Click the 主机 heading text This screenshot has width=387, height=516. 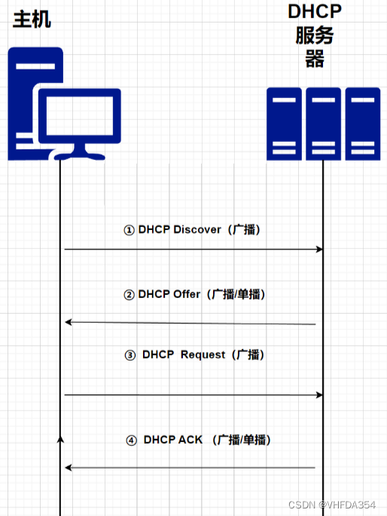coord(32,19)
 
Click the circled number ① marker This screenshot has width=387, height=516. coord(129,230)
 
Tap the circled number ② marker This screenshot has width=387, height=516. coord(129,295)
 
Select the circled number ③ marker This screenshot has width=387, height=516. coord(130,355)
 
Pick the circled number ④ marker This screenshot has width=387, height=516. coord(131,440)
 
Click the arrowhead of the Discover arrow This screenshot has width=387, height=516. coord(319,249)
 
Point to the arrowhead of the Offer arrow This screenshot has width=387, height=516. coord(68,322)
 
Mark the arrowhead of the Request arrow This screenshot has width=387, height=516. coord(319,395)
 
